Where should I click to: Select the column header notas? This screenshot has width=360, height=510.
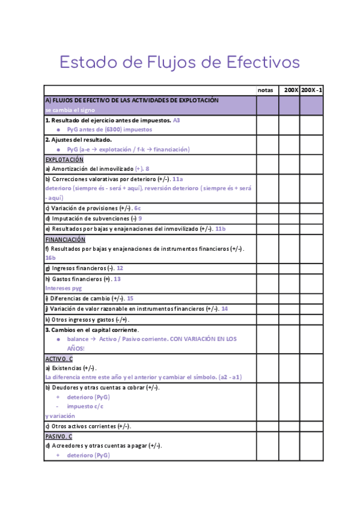pyautogui.click(x=265, y=90)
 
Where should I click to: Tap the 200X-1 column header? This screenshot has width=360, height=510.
pyautogui.click(x=312, y=90)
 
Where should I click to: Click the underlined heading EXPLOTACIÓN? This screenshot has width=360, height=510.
pyautogui.click(x=64, y=160)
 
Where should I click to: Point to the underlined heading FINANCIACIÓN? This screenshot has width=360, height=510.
pyautogui.click(x=66, y=239)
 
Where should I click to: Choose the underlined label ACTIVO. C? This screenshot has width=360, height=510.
pyautogui.click(x=59, y=359)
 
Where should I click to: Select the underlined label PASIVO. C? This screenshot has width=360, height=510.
pyautogui.click(x=59, y=436)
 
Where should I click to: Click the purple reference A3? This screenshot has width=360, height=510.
pyautogui.click(x=177, y=120)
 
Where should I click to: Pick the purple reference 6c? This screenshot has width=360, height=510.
pyautogui.click(x=138, y=208)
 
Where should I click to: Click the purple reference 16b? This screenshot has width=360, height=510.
pyautogui.click(x=50, y=257)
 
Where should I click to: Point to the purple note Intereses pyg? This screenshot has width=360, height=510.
pyautogui.click(x=63, y=288)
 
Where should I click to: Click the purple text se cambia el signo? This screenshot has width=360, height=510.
pyautogui.click(x=69, y=110)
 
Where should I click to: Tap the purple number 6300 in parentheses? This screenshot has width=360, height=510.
pyautogui.click(x=112, y=129)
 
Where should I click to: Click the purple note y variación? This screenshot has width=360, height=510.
pyautogui.click(x=60, y=416)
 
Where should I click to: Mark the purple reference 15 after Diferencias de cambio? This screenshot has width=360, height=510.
pyautogui.click(x=130, y=298)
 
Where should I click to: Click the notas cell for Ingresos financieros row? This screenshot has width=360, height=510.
pyautogui.click(x=267, y=268)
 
